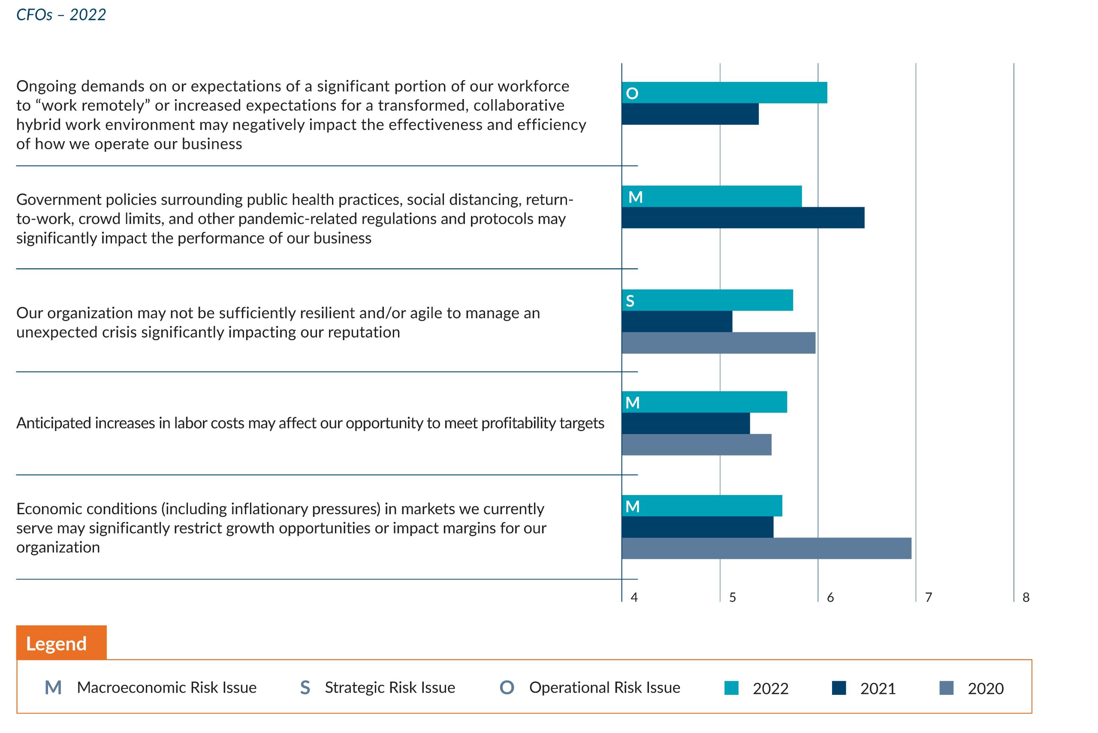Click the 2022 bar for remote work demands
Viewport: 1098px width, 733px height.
[724, 93]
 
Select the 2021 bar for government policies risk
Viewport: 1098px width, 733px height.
[743, 218]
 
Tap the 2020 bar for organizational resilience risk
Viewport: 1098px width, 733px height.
[719, 343]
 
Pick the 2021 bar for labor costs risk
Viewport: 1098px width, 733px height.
[686, 423]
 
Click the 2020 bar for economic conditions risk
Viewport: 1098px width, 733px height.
[766, 548]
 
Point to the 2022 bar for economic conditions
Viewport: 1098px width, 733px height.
[702, 506]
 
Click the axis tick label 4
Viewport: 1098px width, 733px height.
[634, 597]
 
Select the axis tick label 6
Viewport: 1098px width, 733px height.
[830, 597]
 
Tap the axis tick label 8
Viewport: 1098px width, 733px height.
[1026, 597]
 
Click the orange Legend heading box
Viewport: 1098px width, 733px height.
[61, 643]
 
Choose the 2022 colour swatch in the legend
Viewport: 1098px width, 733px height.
[732, 688]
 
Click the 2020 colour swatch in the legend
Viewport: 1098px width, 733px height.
[947, 688]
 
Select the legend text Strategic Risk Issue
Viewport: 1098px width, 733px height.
[390, 688]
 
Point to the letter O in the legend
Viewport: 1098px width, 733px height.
[507, 688]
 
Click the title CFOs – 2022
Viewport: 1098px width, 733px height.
[61, 15]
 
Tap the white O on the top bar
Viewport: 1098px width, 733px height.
[632, 94]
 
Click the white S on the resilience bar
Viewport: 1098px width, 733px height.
[630, 301]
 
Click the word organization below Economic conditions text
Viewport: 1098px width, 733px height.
[58, 548]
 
